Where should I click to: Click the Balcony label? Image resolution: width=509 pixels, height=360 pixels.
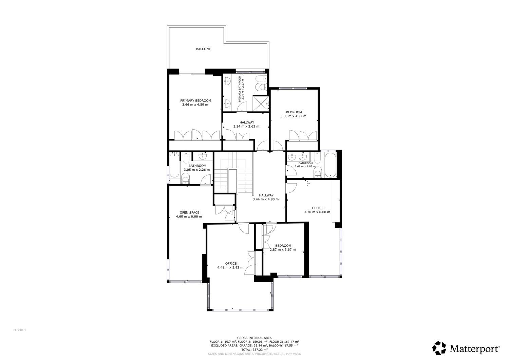point(203,49)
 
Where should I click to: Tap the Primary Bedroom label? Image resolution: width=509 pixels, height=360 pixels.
point(196,101)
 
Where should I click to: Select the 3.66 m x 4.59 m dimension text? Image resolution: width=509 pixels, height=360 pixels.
point(195,105)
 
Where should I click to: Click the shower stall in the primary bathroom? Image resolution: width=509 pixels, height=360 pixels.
point(261,104)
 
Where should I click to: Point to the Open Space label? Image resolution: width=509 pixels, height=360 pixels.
point(189,213)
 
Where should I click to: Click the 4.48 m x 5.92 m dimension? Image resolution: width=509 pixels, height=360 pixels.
point(230,268)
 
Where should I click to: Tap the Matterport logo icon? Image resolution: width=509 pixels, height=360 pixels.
point(439,348)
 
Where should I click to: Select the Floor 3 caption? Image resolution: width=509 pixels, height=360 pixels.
point(20,330)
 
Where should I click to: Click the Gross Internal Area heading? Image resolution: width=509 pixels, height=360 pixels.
point(254,338)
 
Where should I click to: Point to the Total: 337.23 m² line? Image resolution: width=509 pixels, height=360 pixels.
point(254,350)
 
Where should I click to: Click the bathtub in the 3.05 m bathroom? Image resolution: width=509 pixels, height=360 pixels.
point(174,165)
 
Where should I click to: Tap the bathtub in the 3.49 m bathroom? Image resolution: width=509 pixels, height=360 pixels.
point(330,165)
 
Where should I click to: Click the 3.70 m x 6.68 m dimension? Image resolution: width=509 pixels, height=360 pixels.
point(317,212)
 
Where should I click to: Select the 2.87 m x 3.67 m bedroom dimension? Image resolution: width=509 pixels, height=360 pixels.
point(283,250)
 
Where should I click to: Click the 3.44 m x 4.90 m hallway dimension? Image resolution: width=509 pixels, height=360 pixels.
point(266,199)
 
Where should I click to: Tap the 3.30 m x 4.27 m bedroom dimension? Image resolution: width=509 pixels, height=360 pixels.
point(294,116)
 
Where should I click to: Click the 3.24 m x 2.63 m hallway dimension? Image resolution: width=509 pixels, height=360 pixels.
point(246,127)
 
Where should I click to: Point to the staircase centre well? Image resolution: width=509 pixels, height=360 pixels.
point(233,181)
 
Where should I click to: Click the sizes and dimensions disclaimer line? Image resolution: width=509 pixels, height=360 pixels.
point(254,354)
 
